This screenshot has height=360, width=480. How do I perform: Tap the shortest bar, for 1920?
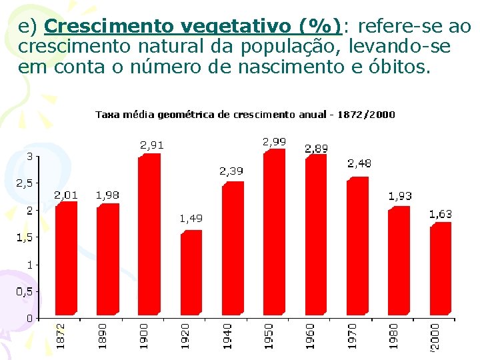click(x=191, y=273)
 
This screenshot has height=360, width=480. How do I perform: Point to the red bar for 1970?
click(x=357, y=246)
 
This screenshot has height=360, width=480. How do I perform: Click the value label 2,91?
click(x=151, y=145)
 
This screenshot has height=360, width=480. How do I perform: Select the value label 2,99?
click(x=274, y=141)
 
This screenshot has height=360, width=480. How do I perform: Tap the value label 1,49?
click(x=191, y=218)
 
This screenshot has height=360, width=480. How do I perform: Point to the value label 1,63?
click(x=440, y=214)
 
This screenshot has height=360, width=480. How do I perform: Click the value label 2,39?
click(x=231, y=171)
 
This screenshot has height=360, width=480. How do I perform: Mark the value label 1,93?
click(x=400, y=196)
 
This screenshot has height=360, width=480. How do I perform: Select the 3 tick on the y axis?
click(x=29, y=156)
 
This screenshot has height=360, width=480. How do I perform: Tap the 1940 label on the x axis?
click(x=227, y=335)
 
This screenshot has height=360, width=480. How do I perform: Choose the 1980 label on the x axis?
click(x=394, y=335)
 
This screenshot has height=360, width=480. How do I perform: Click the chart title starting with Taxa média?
click(x=245, y=115)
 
